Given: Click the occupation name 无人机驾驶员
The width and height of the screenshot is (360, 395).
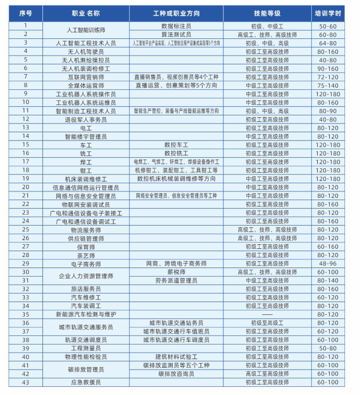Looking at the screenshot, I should [x=86, y=52].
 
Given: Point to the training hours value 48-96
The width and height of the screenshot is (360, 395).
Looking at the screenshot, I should [x=328, y=263].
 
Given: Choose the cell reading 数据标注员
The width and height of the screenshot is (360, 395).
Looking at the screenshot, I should [x=176, y=26].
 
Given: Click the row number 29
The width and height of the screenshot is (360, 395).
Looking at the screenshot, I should [x=26, y=263].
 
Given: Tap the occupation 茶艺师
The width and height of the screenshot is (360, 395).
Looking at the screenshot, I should [x=86, y=255].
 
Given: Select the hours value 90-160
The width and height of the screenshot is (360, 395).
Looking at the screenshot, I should [x=328, y=68].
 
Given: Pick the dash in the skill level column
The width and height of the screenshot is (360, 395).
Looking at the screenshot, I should [x=267, y=314].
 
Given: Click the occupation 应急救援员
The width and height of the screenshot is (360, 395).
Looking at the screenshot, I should [x=86, y=382].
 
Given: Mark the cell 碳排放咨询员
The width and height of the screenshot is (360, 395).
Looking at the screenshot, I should [x=176, y=374].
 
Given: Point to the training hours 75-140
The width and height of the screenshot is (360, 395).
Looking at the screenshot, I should [x=328, y=85].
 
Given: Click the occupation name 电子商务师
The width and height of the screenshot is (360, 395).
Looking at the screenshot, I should [x=86, y=263].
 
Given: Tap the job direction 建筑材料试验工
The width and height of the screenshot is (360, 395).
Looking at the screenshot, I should [x=176, y=357].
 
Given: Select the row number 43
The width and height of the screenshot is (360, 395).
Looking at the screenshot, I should [x=26, y=382].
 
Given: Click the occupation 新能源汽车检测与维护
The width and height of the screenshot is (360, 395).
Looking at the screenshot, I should [x=86, y=314].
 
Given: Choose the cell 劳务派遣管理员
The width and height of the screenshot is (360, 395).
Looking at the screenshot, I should [x=176, y=280].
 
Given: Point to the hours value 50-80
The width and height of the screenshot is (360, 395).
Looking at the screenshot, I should [x=328, y=348].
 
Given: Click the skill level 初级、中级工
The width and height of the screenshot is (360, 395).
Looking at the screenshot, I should [x=267, y=26].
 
